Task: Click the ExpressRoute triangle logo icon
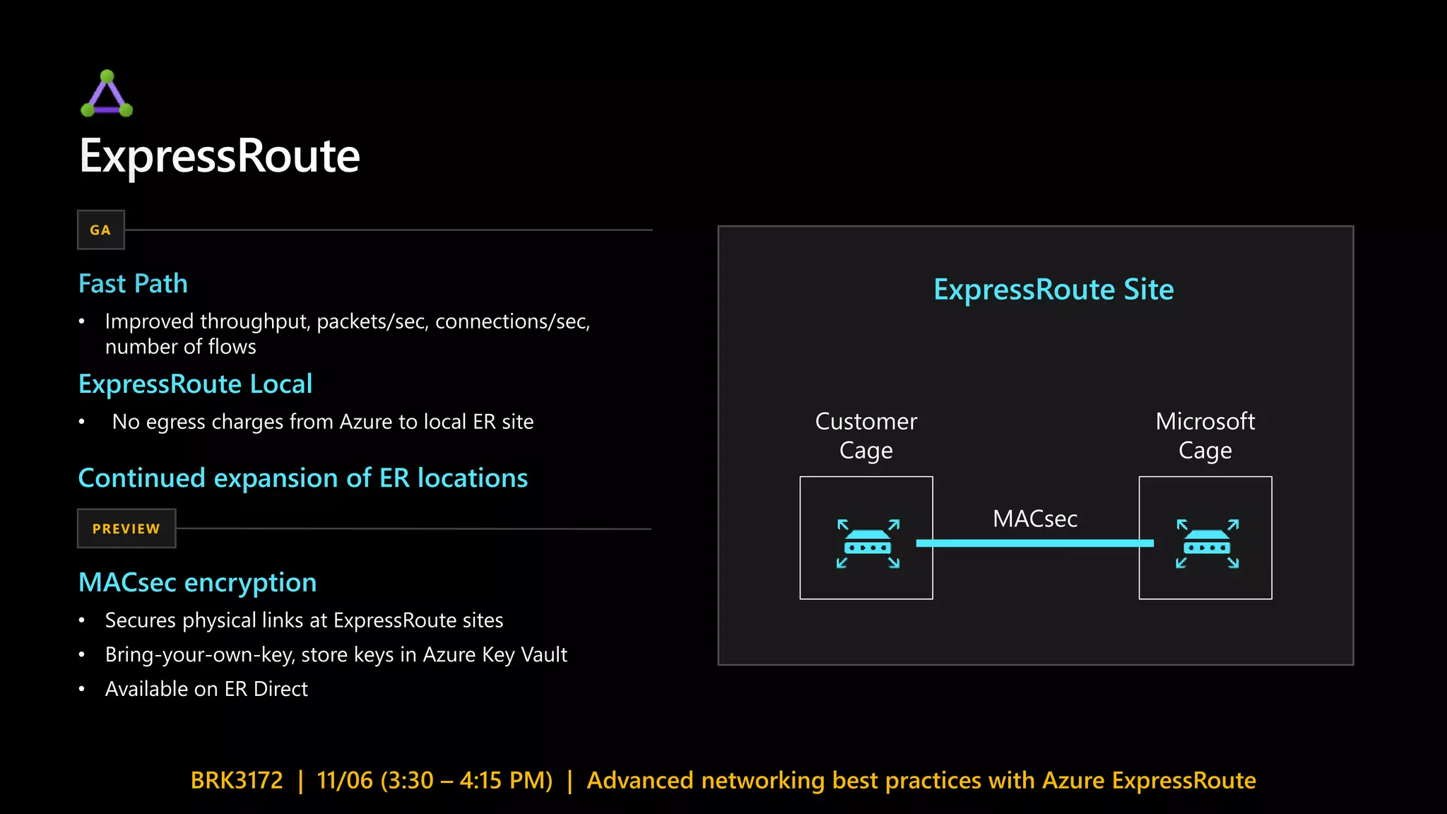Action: tap(107, 94)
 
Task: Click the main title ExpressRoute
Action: tap(220, 156)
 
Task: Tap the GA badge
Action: tap(100, 230)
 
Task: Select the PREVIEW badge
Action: tap(126, 529)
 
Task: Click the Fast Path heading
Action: tap(133, 284)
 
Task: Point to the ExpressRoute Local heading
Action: tap(195, 384)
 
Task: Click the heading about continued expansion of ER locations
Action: tap(302, 478)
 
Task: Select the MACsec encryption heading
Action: tap(197, 583)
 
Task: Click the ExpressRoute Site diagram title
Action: tap(1053, 290)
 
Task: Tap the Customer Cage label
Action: tap(866, 435)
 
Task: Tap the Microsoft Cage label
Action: tap(1205, 435)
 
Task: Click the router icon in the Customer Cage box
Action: tap(868, 544)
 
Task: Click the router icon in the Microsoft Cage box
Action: tap(1207, 544)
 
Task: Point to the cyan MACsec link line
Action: tap(1035, 543)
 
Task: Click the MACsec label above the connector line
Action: tap(1035, 519)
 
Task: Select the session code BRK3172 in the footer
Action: tap(237, 780)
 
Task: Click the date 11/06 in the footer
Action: tap(345, 780)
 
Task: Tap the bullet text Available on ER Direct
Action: tap(206, 689)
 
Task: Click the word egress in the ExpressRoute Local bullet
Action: tap(175, 423)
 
